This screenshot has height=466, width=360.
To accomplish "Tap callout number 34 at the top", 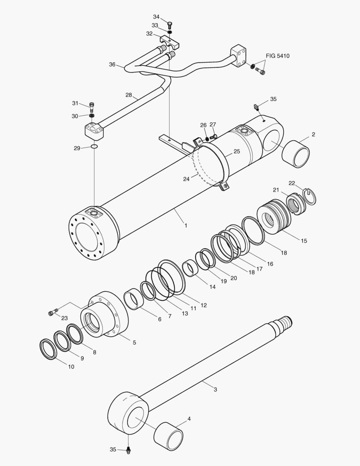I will tap(156, 17).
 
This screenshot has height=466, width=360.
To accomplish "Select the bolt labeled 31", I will tap(91, 105).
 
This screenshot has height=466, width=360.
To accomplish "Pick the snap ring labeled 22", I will tap(310, 195).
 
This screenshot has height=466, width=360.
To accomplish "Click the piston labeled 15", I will tap(275, 218).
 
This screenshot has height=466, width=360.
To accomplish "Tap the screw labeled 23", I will tap(53, 313).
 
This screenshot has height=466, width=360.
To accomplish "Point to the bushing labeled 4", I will tap(168, 433).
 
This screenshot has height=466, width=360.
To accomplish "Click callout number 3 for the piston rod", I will tap(215, 390).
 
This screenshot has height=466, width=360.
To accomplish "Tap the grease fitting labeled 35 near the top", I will tap(256, 107).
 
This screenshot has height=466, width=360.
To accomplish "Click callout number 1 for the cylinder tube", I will tap(185, 225).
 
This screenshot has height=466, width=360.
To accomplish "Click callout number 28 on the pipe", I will tap(128, 94).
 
